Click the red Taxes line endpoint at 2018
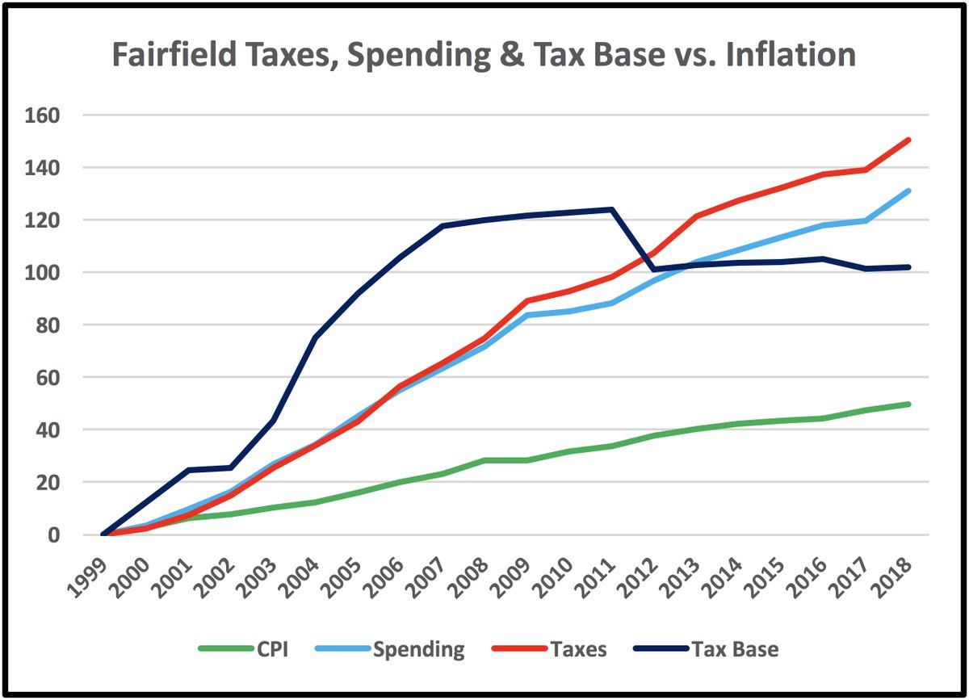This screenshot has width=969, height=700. tap(909, 140)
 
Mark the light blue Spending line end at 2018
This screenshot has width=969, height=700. tap(909, 191)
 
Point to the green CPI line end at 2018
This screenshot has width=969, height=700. tap(909, 404)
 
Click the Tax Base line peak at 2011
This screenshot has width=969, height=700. tap(612, 210)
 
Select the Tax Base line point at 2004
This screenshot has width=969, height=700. tap(315, 337)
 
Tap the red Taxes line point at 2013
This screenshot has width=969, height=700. tap(697, 216)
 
